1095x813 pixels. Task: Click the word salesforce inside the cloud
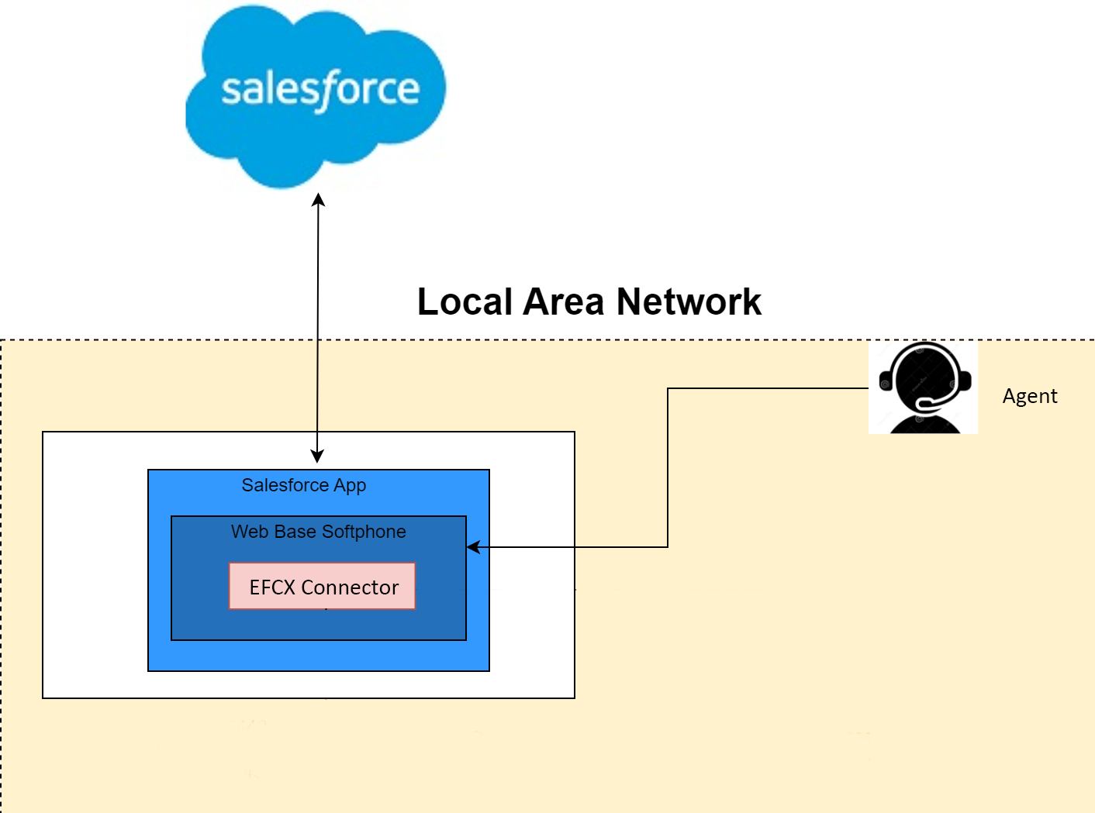[320, 89]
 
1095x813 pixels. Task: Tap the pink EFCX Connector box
[322, 587]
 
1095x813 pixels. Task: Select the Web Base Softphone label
[318, 532]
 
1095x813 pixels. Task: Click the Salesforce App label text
[303, 485]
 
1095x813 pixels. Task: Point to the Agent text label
[1029, 396]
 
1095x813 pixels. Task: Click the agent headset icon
[923, 388]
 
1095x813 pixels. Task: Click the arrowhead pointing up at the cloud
[318, 200]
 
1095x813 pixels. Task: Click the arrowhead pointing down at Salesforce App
[317, 456]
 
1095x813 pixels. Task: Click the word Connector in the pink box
[350, 587]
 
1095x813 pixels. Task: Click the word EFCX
[272, 587]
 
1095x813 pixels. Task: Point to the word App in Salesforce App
[350, 486]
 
